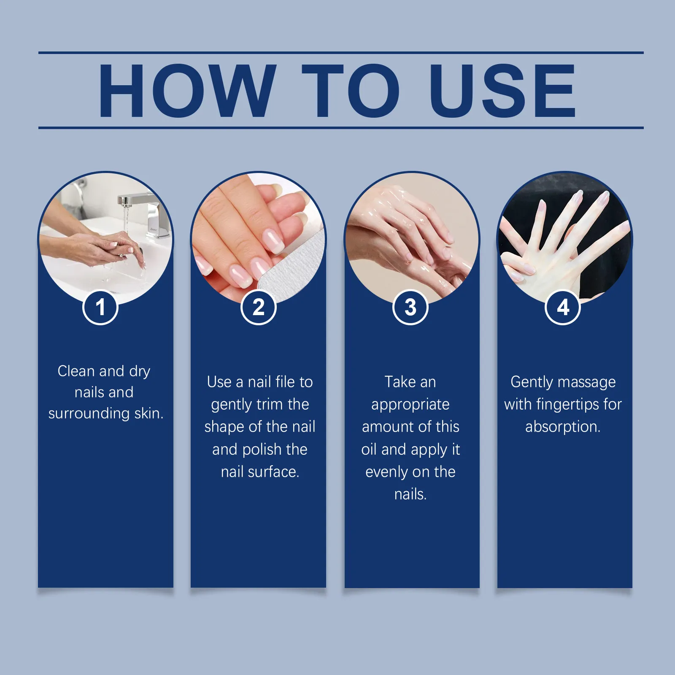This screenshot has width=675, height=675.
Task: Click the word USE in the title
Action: (502, 90)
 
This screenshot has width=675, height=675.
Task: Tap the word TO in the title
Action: (351, 90)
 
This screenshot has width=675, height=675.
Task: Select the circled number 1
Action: (100, 307)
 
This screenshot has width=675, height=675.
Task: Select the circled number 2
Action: (258, 307)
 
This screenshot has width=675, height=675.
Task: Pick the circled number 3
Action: (410, 307)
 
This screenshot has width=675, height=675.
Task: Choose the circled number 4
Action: (563, 307)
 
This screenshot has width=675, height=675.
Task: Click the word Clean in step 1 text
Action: (76, 371)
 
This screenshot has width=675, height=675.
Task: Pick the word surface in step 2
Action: (273, 472)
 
